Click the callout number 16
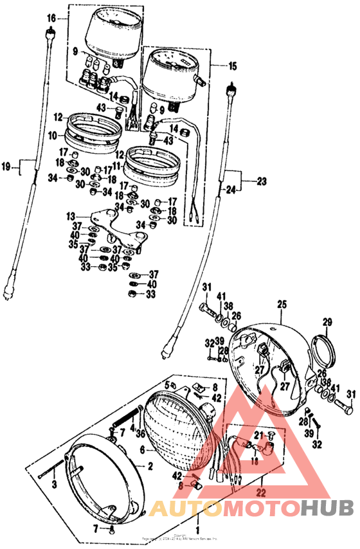click(51, 18)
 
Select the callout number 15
click(233, 66)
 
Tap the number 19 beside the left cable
click(6, 167)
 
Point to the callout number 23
click(261, 181)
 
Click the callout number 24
click(231, 190)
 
